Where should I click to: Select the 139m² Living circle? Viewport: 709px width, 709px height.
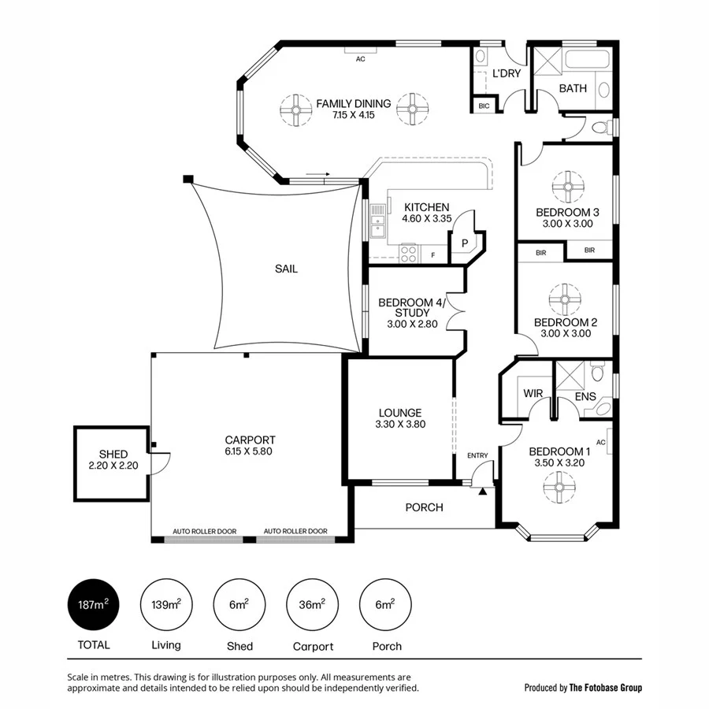(x=166, y=605)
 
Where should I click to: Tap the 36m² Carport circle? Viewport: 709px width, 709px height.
(x=313, y=605)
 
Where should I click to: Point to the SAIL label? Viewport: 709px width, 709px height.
(x=286, y=269)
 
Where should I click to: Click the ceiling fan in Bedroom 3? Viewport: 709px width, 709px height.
(x=567, y=187)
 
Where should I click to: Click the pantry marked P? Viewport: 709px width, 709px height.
(x=465, y=243)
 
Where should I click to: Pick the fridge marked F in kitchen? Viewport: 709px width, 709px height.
(x=432, y=254)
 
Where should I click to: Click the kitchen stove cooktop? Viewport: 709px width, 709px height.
(x=409, y=253)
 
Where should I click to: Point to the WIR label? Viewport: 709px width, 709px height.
(x=534, y=393)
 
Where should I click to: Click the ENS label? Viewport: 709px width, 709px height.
(x=585, y=397)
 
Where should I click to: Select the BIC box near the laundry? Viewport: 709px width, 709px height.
(x=484, y=106)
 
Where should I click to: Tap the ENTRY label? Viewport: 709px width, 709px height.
(x=477, y=455)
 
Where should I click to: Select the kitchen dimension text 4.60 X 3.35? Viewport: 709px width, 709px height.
(x=426, y=219)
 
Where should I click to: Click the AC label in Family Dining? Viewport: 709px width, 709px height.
(x=361, y=59)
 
